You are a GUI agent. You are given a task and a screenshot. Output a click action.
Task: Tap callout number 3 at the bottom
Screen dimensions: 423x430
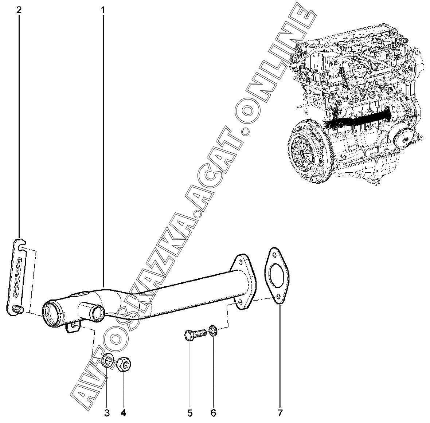point(107,413)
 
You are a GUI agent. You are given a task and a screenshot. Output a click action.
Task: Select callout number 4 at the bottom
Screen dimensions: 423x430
point(123,413)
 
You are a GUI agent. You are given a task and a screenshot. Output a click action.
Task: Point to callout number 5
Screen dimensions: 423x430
point(190,413)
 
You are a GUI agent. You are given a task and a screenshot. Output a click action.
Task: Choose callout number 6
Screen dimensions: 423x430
point(214,413)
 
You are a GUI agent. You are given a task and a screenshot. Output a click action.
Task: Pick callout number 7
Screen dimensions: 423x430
point(280,413)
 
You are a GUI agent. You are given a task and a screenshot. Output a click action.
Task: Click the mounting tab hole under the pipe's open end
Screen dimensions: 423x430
point(74,324)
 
